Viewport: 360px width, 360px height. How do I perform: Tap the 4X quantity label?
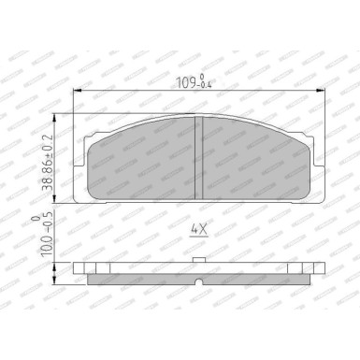tap(196, 227)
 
